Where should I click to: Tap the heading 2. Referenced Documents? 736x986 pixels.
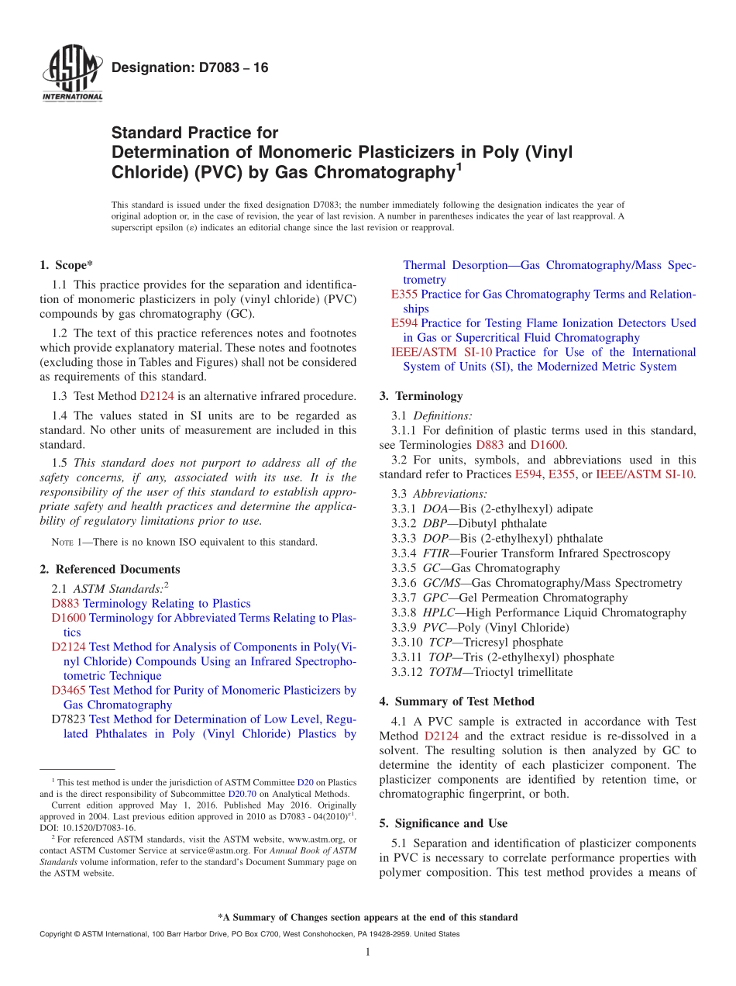110,569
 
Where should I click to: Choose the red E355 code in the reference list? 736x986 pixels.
404,295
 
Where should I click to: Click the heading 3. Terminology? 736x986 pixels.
421,396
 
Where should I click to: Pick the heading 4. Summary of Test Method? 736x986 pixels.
456,702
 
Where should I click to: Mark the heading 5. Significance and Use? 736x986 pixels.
443,823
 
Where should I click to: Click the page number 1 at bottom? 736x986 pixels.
368,953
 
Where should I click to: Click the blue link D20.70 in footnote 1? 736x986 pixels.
239,794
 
